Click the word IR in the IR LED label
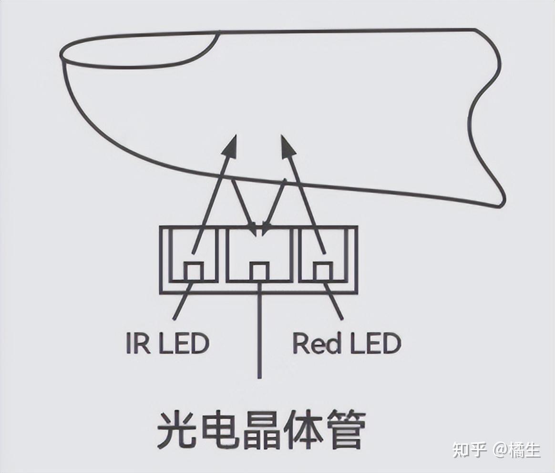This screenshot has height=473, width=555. point(137,343)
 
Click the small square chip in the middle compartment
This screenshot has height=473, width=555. point(259,271)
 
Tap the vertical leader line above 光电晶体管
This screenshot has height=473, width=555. point(259,334)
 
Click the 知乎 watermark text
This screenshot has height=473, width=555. point(469,450)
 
